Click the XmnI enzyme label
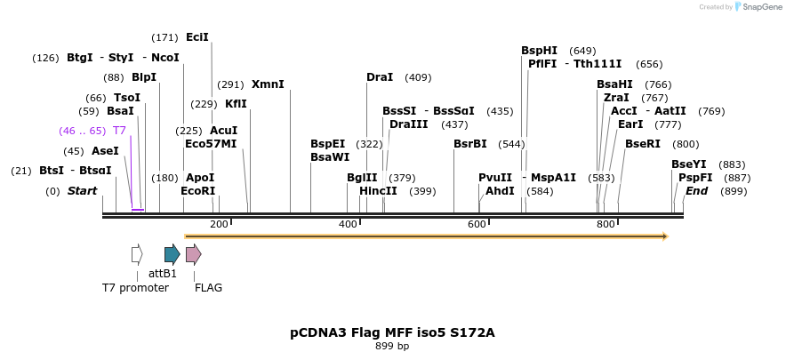click(268, 84)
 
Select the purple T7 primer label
click(119, 131)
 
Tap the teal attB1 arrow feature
click(172, 254)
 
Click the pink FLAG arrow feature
click(193, 254)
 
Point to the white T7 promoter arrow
click(137, 254)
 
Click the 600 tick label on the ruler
click(477, 224)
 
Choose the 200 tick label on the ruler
click(219, 224)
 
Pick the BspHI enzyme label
click(539, 51)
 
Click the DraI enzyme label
click(380, 77)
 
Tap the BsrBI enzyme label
click(470, 144)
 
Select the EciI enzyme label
click(197, 37)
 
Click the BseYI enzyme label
click(689, 164)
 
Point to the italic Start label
click(82, 191)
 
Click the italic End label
click(697, 191)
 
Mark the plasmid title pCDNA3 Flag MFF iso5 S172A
click(392, 332)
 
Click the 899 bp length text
click(392, 347)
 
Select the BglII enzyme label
click(362, 178)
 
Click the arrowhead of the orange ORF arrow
click(663, 236)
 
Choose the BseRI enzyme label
click(643, 144)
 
